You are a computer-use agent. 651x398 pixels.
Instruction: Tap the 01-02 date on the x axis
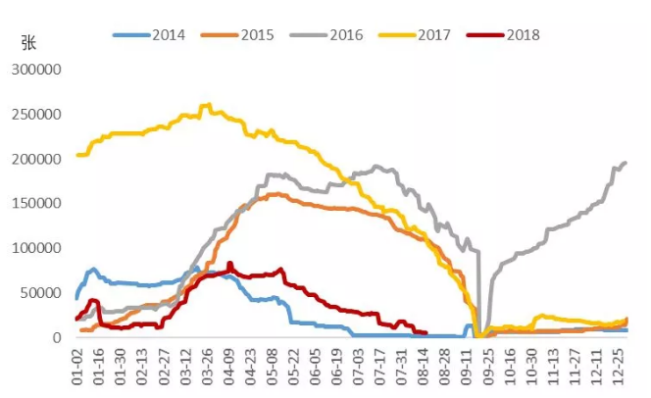click(78, 365)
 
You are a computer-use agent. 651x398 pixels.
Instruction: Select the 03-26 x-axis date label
click(209, 365)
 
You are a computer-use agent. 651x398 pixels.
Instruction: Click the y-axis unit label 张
click(27, 44)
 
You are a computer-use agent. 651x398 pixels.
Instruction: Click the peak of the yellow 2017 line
click(206, 105)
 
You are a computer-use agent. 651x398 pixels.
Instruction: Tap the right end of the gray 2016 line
click(626, 163)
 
